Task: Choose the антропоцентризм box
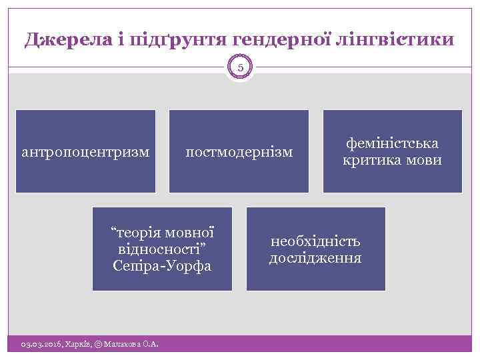point(85,151)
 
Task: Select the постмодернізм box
point(239,151)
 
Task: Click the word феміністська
point(392,144)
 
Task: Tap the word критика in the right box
point(373,160)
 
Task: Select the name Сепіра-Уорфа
point(162,266)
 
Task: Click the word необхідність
point(315,241)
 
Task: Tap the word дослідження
point(315,257)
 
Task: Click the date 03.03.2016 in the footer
point(39,344)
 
